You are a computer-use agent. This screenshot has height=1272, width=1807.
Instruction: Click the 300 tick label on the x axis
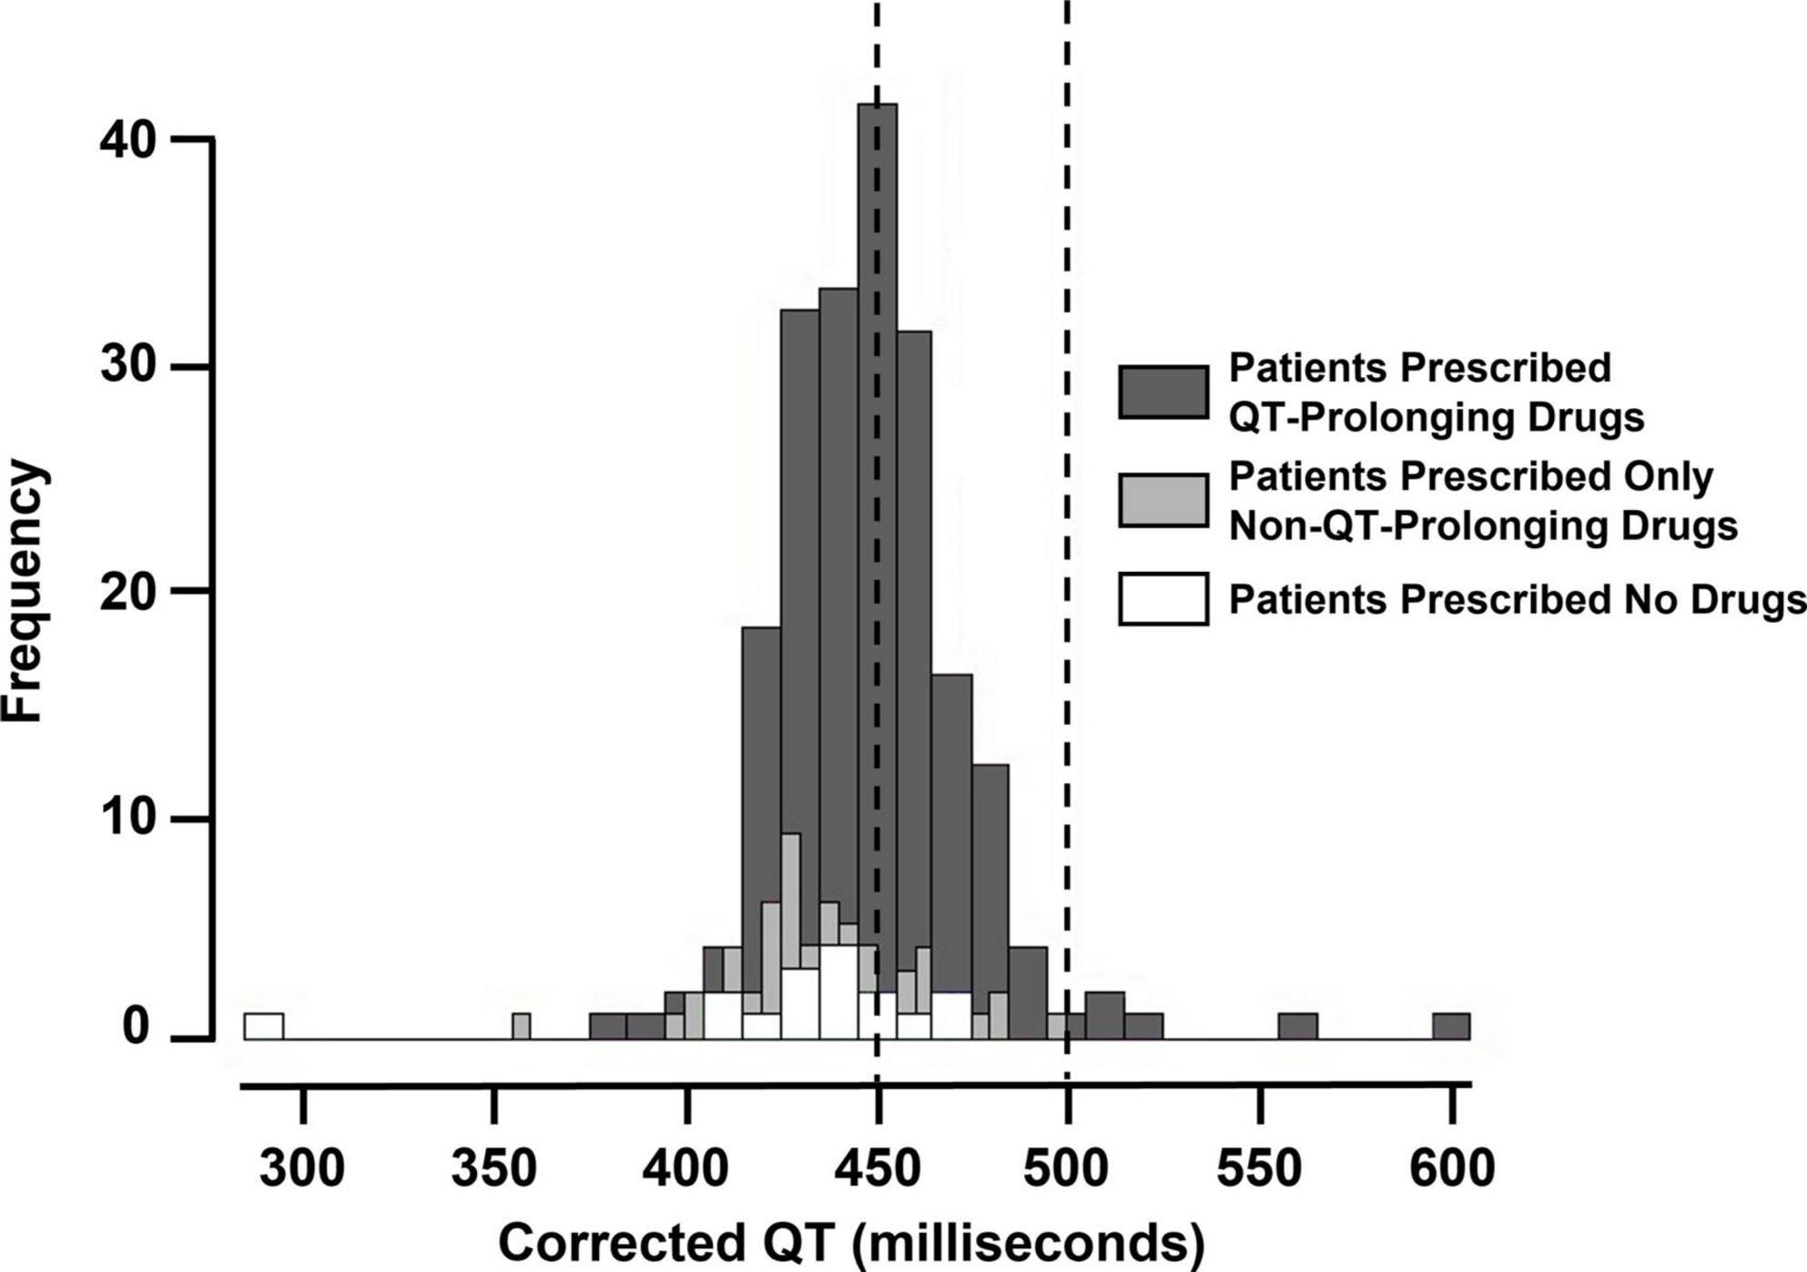[x=302, y=1168]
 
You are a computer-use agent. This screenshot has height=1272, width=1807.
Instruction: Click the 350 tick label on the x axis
[x=493, y=1168]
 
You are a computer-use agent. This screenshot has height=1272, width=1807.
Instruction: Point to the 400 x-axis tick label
[x=685, y=1168]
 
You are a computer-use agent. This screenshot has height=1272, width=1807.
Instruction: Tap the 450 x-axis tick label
[x=877, y=1168]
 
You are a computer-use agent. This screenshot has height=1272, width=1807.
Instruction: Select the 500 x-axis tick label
[x=1067, y=1168]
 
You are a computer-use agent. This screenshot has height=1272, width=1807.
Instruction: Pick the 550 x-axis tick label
[x=1259, y=1168]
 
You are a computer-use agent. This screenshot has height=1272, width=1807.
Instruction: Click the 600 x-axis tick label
[x=1452, y=1168]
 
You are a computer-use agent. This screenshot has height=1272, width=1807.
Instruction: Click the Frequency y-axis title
[x=23, y=592]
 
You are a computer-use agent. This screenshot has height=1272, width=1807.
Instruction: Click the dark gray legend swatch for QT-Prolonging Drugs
[x=1163, y=392]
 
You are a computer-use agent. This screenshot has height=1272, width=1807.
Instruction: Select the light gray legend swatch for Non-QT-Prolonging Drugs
[x=1163, y=500]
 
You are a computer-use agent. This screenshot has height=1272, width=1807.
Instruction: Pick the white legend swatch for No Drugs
[x=1163, y=598]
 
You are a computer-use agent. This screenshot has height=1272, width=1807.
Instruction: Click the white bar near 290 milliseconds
[x=264, y=1026]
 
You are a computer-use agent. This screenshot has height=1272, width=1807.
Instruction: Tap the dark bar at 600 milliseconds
[x=1451, y=1026]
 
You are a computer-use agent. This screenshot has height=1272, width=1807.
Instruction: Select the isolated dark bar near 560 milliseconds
[x=1298, y=1026]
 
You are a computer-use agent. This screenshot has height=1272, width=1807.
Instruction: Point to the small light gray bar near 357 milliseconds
[x=521, y=1026]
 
